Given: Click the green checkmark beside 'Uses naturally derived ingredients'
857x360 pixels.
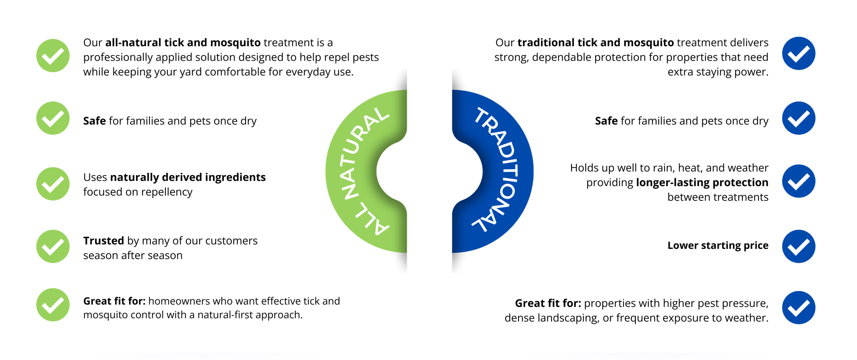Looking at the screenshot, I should coord(53,184).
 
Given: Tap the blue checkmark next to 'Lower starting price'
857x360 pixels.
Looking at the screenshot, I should coord(798,246).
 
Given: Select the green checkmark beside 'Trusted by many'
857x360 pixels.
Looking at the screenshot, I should coord(53,246).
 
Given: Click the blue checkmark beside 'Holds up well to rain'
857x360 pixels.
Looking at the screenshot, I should coord(798,181).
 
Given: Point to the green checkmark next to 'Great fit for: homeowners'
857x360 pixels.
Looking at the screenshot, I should coord(53,305).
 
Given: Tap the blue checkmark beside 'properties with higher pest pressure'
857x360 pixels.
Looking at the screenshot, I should coord(798,307).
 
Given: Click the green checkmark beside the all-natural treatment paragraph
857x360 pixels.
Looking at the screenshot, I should coord(53,56).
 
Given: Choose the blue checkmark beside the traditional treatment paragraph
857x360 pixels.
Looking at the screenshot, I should coord(798,54).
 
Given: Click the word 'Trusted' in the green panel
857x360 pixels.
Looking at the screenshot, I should coord(103,241).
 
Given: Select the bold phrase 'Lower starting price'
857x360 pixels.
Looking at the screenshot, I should coord(718,245).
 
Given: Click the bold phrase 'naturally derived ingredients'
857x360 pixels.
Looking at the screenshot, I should coord(188,177).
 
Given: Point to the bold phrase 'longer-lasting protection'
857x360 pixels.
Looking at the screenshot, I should coord(702,182).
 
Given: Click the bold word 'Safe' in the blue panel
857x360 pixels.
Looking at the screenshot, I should coord(606,121).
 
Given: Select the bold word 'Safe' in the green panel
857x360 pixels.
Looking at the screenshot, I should coord(94,121).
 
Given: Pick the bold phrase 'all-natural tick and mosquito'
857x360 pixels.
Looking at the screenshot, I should coord(183,42).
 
